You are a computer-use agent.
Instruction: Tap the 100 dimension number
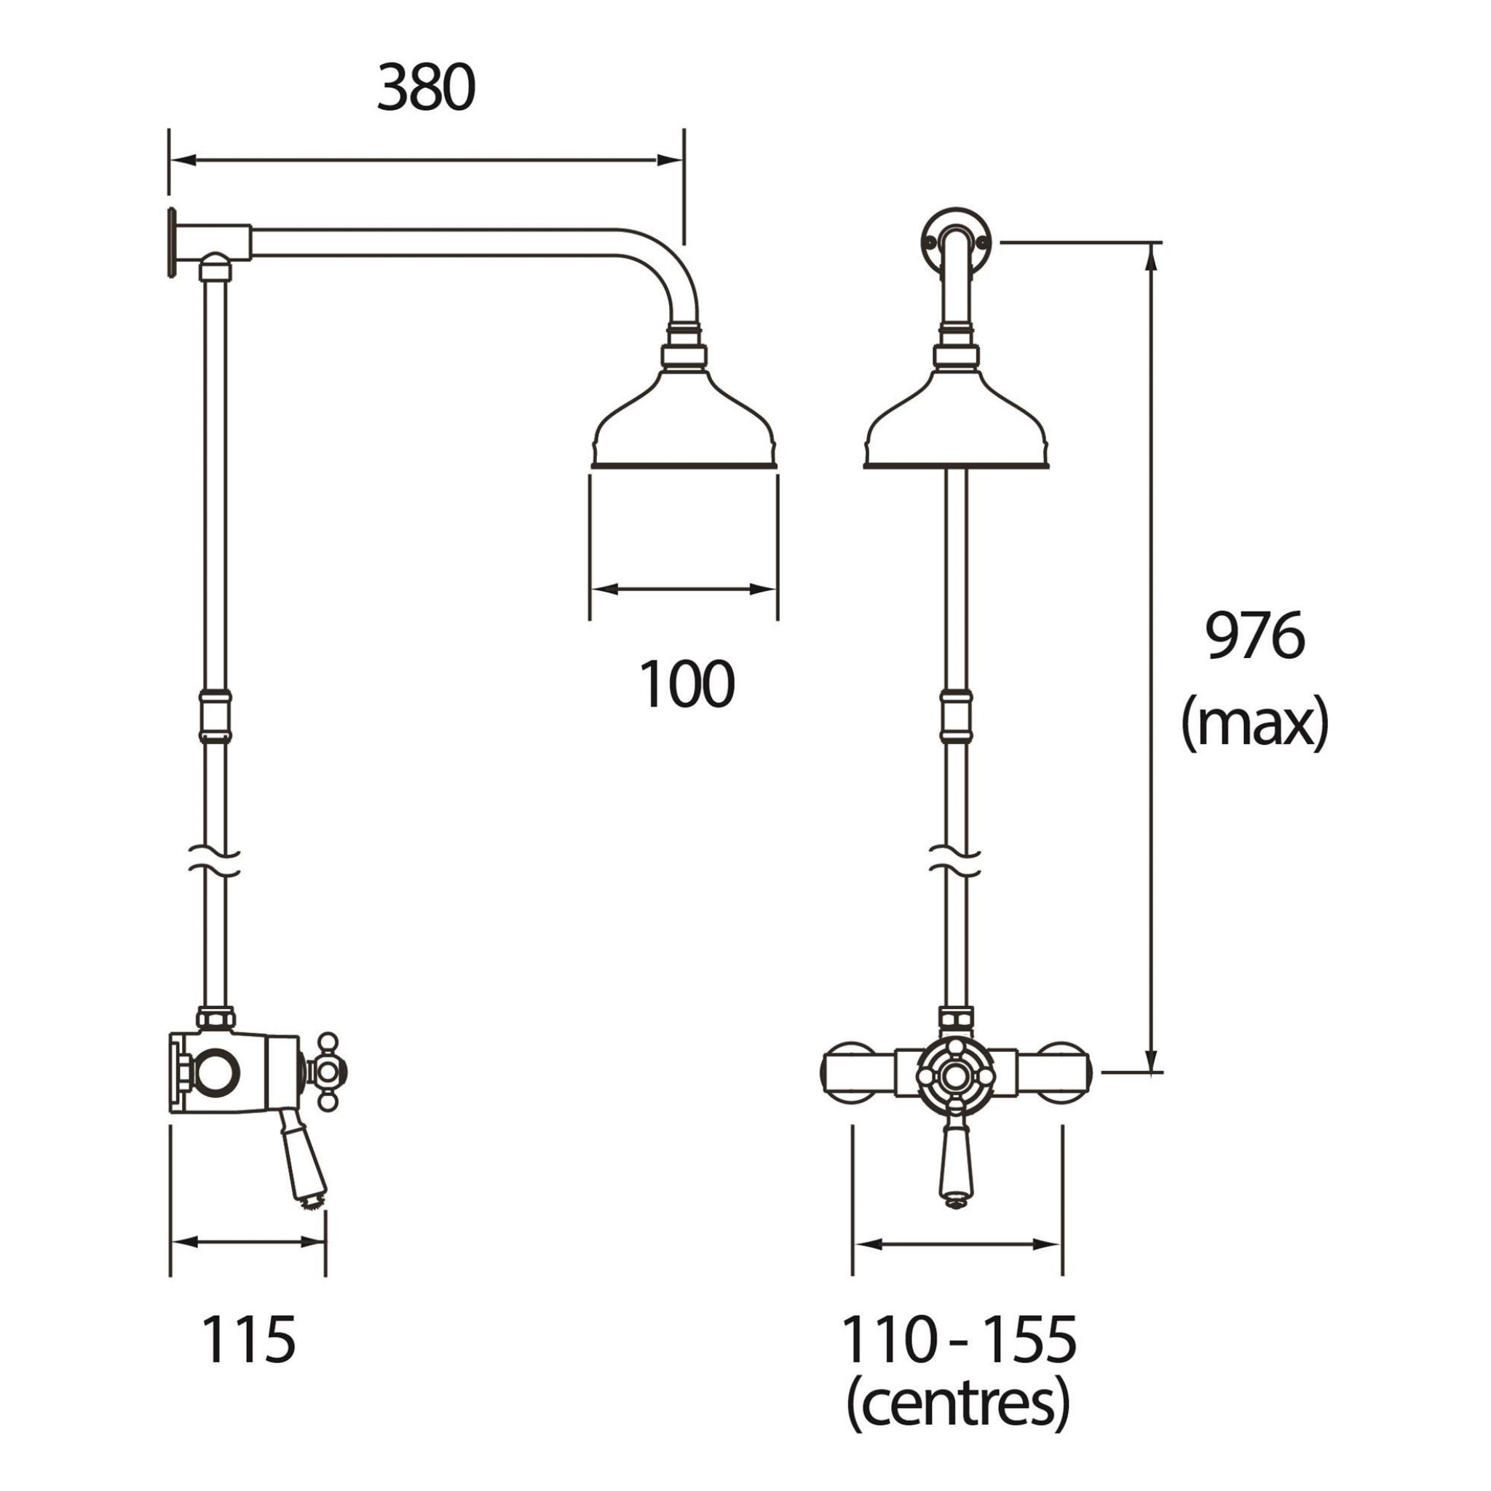tap(686, 685)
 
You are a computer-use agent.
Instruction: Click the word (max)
tap(1255, 722)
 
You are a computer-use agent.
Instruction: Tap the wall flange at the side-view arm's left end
tap(169, 241)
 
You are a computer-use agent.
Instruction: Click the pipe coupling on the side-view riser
tap(215, 716)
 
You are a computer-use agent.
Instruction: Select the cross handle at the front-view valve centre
tap(955, 1072)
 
